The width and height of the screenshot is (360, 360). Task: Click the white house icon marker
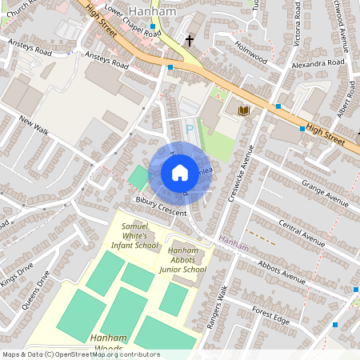[x=180, y=173]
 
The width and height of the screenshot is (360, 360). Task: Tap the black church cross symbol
[x=190, y=39]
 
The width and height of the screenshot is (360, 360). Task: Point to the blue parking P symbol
[x=190, y=128]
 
